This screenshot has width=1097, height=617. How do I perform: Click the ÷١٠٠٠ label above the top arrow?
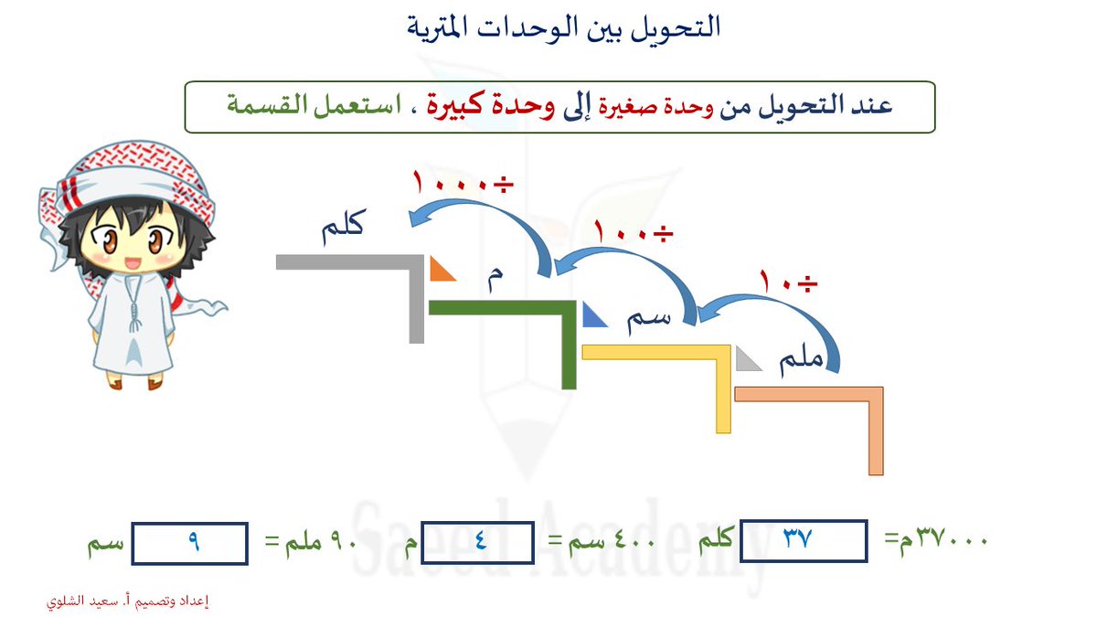click(x=463, y=182)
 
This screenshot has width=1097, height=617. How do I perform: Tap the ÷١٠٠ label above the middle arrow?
click(x=634, y=231)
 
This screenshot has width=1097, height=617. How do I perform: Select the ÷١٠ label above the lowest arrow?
click(x=788, y=282)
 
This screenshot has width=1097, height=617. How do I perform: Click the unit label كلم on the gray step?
click(x=344, y=227)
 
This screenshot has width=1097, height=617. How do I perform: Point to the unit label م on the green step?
click(x=495, y=278)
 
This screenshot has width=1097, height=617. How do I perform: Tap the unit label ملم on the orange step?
click(x=801, y=360)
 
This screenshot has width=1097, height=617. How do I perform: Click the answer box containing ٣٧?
click(x=804, y=540)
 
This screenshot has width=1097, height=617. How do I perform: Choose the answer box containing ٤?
click(x=477, y=542)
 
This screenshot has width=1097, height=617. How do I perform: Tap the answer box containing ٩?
click(x=189, y=544)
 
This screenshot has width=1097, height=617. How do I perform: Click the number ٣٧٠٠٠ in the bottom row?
click(x=952, y=538)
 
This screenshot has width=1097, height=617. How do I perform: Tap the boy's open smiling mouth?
click(x=132, y=263)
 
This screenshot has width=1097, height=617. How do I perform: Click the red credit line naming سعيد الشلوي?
click(x=128, y=601)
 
